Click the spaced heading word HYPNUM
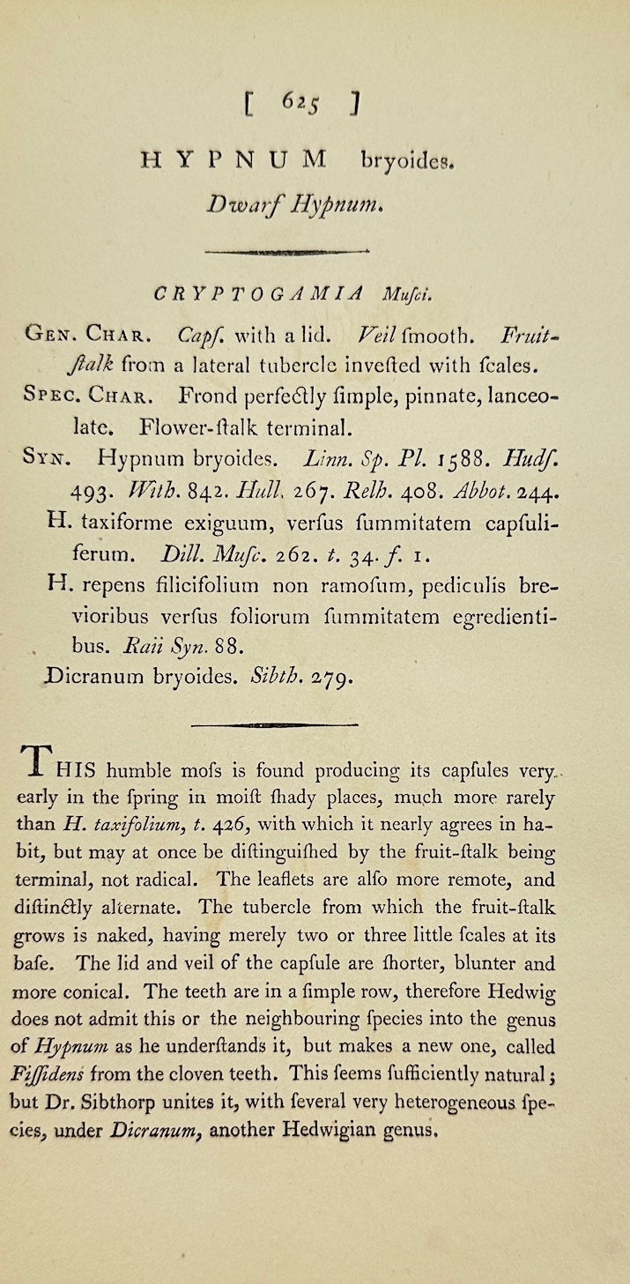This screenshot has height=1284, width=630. coord(233,160)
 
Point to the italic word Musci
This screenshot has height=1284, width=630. coord(404,294)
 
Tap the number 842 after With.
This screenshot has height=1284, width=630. coord(208,490)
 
